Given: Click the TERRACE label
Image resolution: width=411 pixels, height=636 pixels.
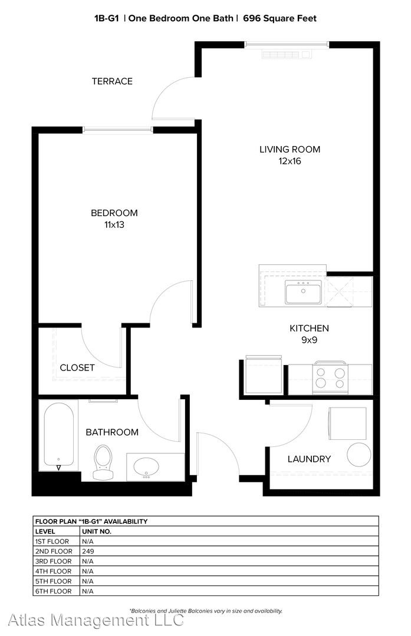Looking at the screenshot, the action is point(112,81).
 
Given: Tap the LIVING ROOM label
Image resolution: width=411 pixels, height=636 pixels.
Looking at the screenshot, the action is point(290,149).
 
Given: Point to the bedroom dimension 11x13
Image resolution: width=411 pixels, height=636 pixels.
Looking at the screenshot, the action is point(114,224).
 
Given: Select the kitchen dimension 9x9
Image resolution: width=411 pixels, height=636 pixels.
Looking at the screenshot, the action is point(309,340).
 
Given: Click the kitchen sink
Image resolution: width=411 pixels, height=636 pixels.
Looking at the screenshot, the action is point(303,291).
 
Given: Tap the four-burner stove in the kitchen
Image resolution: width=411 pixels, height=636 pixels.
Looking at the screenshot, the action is point(330,377).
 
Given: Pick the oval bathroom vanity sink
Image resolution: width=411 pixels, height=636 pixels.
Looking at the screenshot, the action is point(146,466).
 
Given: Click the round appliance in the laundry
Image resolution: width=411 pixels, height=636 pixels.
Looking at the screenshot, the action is point(359,454).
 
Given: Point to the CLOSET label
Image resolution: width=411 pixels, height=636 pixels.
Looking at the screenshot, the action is point(77,367).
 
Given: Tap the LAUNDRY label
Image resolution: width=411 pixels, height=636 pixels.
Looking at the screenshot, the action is point(309,459).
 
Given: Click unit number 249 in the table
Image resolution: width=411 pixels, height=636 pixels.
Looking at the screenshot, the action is point(88,551).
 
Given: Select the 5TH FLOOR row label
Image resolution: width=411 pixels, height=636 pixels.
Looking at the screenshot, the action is point(53,581).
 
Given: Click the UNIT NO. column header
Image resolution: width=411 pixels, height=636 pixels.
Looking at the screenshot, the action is point(97,531).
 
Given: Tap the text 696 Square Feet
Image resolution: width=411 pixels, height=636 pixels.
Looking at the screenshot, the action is point(280,18).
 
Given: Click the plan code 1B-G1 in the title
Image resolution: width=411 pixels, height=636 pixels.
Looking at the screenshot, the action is point(106,18).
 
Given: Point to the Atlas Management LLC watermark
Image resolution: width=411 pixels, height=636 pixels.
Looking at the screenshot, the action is point(96,620).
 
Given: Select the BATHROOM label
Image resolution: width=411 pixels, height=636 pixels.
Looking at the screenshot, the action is point(112,432).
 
